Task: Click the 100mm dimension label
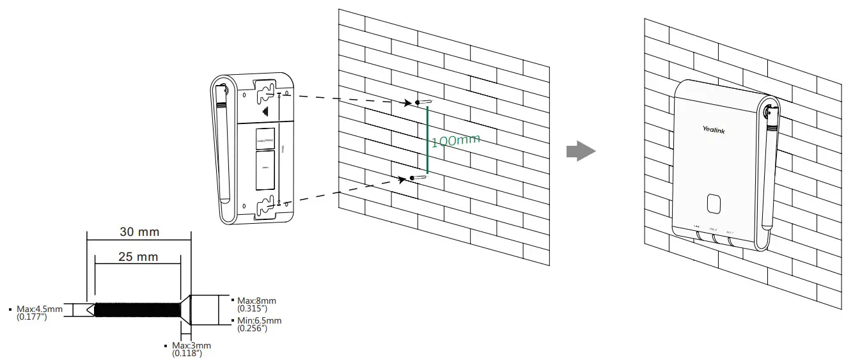[x=455, y=139]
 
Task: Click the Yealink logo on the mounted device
[x=714, y=130]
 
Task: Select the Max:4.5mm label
[x=40, y=309]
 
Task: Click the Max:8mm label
[x=256, y=301]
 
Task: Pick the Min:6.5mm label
[x=259, y=321]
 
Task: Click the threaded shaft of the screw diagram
[x=137, y=309]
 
